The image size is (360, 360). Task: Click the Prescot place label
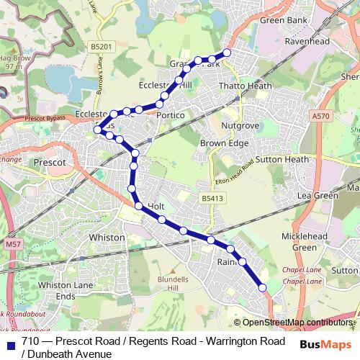pyautogui.click(x=50, y=163)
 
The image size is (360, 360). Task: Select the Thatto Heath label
pyautogui.click(x=246, y=86)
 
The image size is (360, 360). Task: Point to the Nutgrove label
pyautogui.click(x=240, y=125)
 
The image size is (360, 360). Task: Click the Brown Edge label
pyautogui.click(x=224, y=143)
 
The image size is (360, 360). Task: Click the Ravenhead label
pyautogui.click(x=309, y=42)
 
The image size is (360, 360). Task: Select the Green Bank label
pyautogui.click(x=282, y=22)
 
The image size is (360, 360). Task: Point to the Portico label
pyautogui.click(x=171, y=115)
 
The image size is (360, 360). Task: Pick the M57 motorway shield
pyautogui.click(x=11, y=245)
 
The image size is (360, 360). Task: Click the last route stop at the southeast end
pyautogui.click(x=262, y=288)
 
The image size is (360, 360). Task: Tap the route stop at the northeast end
pyautogui.click(x=228, y=53)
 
